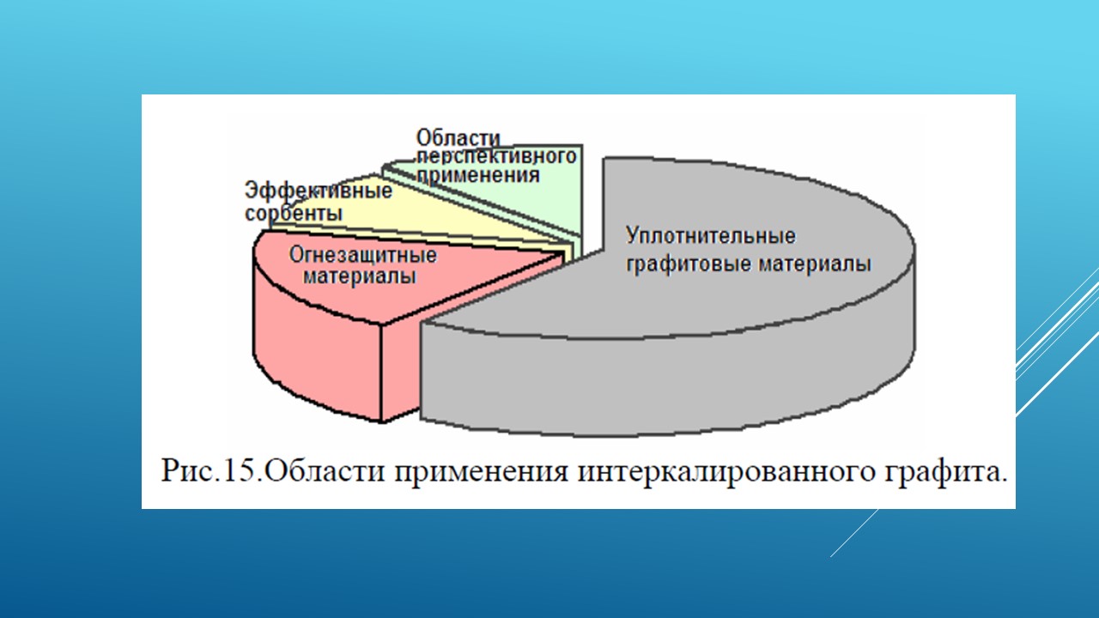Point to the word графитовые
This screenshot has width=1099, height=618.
(x=689, y=264)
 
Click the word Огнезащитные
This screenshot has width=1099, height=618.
(x=362, y=255)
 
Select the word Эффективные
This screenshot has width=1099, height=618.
(x=319, y=191)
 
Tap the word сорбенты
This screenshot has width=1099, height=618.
(x=294, y=214)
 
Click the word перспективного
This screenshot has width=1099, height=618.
(x=496, y=157)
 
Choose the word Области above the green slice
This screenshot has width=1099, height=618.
(x=458, y=138)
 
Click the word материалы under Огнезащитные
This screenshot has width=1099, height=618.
(x=360, y=276)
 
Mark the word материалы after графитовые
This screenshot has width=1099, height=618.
(x=815, y=264)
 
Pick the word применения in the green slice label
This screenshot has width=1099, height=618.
(x=478, y=176)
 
